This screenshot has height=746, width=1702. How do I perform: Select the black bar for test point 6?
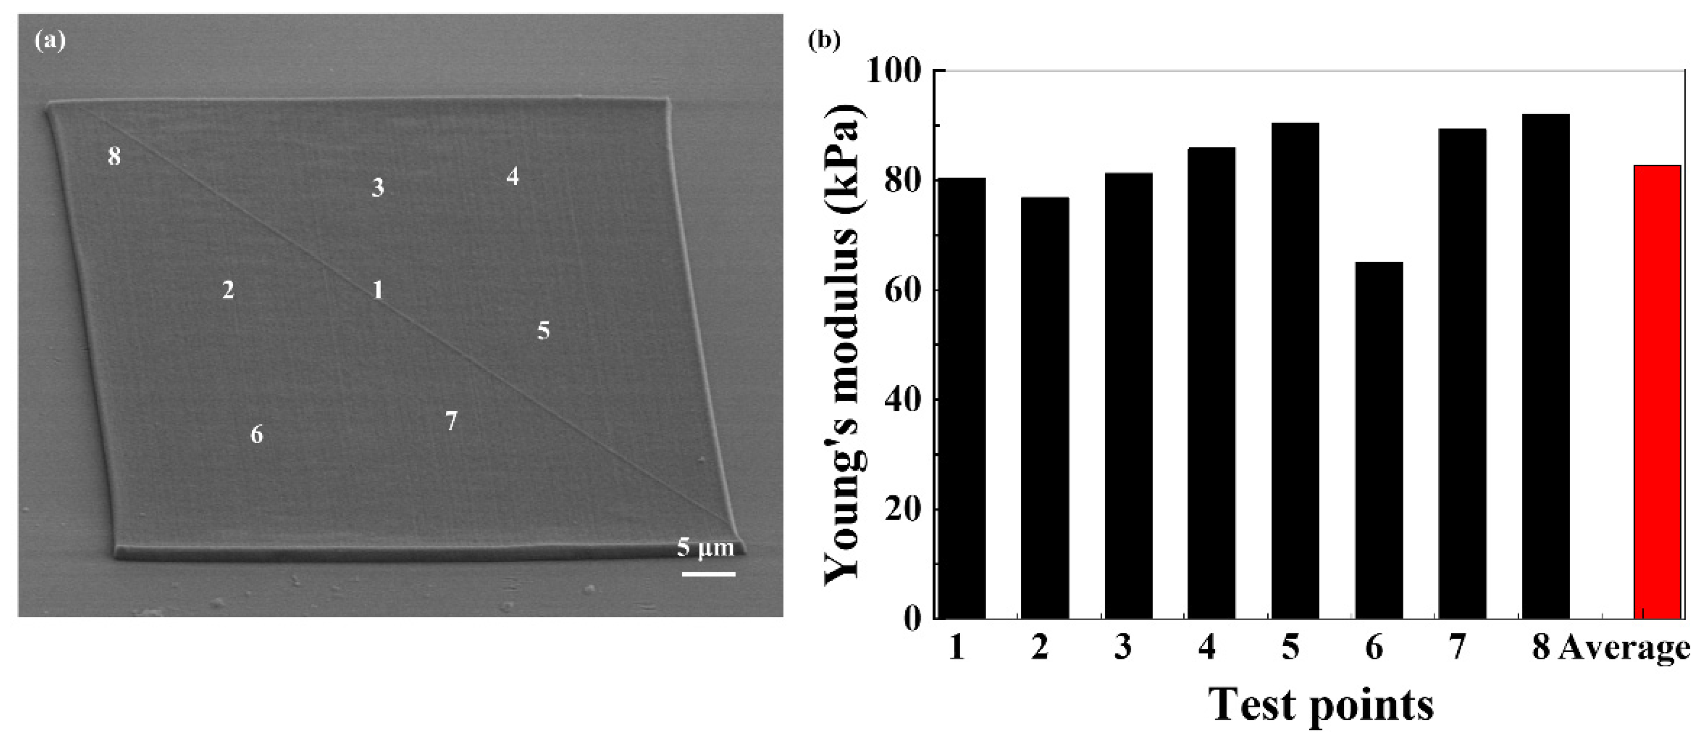[1378, 440]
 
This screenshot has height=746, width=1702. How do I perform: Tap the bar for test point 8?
[1545, 366]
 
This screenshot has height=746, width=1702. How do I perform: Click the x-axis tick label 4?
[1206, 647]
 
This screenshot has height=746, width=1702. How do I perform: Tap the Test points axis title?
[1321, 705]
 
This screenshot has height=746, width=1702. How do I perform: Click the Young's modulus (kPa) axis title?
[842, 344]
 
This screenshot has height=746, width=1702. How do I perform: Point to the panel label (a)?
[49, 41]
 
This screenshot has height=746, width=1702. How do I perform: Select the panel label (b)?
[824, 41]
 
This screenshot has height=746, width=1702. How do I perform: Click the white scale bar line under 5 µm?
[708, 573]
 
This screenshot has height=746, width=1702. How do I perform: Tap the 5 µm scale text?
[705, 548]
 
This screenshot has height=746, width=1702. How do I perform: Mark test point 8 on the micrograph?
[114, 157]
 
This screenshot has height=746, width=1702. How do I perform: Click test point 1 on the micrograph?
[377, 290]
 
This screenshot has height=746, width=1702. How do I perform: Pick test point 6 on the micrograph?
[256, 434]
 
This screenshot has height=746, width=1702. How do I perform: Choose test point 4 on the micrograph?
[512, 176]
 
